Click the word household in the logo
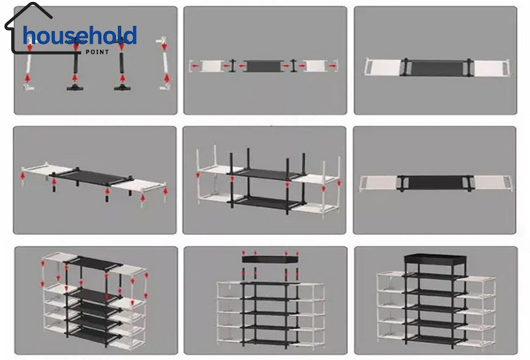[79, 36]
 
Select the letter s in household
[71, 37]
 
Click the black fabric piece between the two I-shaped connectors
[263, 66]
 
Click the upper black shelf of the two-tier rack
[263, 173]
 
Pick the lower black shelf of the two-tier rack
[263, 201]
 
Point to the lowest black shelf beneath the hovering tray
[270, 335]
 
